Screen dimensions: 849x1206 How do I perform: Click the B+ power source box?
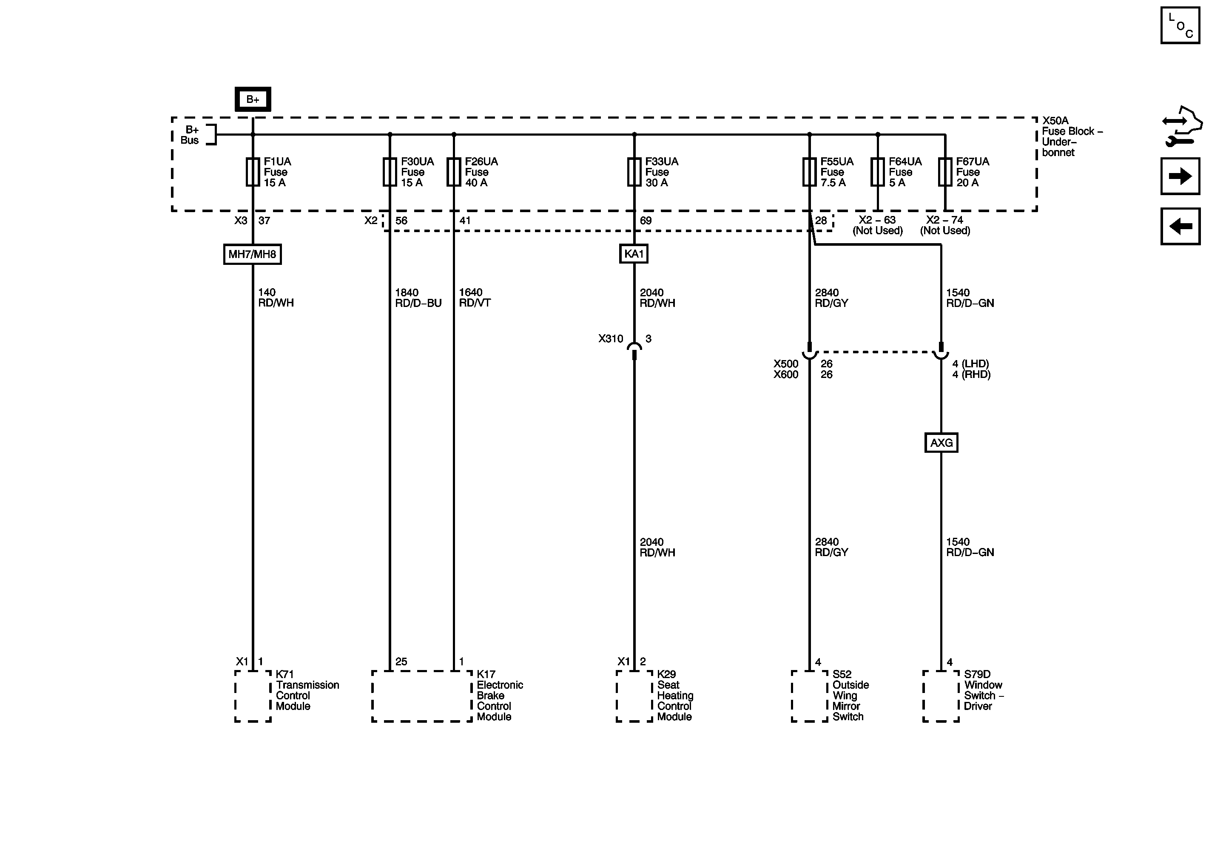(253, 99)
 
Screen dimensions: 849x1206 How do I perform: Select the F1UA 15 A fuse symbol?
(253, 172)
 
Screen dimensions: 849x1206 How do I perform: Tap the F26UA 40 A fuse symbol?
(454, 172)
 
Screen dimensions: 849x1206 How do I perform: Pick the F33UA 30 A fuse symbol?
(634, 172)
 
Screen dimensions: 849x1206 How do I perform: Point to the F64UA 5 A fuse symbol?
(878, 172)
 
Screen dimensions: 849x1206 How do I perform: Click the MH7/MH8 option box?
(252, 254)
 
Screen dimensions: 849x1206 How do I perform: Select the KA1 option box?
(634, 254)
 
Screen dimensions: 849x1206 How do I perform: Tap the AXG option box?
(941, 443)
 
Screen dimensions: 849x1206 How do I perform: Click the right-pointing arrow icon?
(1180, 176)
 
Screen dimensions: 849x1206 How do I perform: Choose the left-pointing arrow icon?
(1180, 226)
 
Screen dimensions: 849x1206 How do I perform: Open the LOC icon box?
(1180, 25)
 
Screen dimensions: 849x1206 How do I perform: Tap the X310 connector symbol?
(634, 348)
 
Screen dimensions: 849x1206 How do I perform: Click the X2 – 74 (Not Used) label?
(945, 225)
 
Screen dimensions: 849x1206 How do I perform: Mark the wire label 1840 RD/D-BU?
(418, 298)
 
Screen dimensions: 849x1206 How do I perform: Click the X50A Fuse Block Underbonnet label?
(1072, 136)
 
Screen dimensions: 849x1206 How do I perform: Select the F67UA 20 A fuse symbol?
(945, 172)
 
